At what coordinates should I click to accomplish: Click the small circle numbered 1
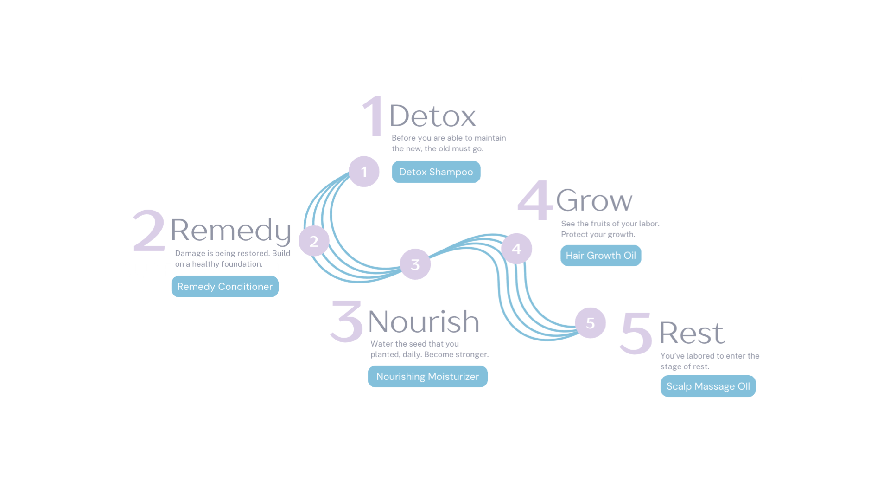coord(364,172)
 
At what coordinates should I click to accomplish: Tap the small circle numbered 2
coord(314,241)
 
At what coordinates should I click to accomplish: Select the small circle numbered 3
coord(415,264)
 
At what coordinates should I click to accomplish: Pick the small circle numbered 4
coord(516,249)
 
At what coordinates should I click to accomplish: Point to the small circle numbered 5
coord(590,323)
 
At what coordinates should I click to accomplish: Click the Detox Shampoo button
coord(436,172)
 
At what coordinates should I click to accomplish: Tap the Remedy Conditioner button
coord(225,287)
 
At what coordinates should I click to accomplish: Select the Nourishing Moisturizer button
coord(427,377)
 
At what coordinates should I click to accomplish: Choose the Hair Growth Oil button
coord(601,256)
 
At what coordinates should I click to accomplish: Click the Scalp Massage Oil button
coord(708,386)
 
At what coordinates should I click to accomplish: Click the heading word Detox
coord(432,116)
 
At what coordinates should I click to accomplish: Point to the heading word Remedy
coord(231,230)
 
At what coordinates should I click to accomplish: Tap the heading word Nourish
coord(423,321)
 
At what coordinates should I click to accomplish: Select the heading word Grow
coord(594,200)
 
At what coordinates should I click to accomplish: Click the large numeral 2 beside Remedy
coord(149,231)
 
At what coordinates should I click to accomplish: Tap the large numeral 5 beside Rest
coord(636,333)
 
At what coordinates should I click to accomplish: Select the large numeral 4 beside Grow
coord(535,200)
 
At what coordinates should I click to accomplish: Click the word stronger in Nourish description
coord(472,355)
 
